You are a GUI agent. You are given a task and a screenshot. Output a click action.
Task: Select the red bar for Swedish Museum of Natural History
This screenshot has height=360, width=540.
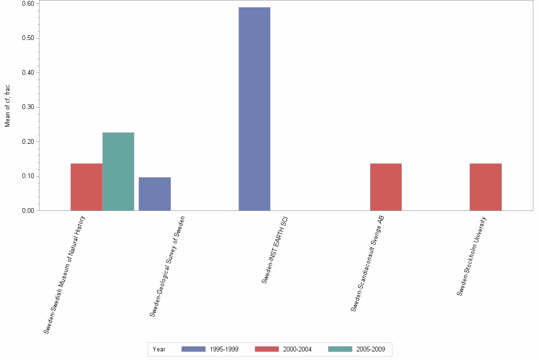[x=86, y=187]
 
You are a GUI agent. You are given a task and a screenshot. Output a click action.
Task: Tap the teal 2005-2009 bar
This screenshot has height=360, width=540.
[x=118, y=171]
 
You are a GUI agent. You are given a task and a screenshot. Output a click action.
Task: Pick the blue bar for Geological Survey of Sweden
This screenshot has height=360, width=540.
[x=154, y=194]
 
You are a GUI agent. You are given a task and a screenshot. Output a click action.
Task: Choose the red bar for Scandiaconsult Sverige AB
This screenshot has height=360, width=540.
[x=386, y=187]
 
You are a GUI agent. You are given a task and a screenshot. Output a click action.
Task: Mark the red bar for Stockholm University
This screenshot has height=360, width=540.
[x=485, y=187]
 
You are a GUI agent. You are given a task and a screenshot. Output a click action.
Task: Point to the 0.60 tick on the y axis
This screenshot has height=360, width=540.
[x=27, y=3]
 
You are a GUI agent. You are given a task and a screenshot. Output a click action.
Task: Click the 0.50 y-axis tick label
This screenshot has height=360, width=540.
[x=27, y=38]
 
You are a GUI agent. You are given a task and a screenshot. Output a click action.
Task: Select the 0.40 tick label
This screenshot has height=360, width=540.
[x=27, y=72]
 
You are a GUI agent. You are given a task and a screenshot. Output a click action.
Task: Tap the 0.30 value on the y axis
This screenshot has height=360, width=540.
[x=27, y=107]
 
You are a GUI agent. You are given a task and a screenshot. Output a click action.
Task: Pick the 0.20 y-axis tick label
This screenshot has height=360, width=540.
[x=27, y=141]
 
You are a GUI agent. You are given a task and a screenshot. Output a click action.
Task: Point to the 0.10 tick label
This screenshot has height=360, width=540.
[x=27, y=176]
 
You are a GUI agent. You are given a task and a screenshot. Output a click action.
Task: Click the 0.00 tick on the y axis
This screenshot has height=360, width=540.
[x=27, y=210]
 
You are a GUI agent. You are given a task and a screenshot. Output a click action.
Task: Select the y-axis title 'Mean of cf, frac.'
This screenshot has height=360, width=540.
[x=8, y=105]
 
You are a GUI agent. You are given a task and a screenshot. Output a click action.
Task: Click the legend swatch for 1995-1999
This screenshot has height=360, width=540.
[x=193, y=349]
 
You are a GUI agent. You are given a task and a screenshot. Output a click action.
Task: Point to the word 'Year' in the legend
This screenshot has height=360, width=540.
[x=159, y=350]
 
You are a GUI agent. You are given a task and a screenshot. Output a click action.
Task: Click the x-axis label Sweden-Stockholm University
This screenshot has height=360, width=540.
[x=471, y=256]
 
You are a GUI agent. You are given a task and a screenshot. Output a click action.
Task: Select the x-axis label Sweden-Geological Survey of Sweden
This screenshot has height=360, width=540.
[x=167, y=266]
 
